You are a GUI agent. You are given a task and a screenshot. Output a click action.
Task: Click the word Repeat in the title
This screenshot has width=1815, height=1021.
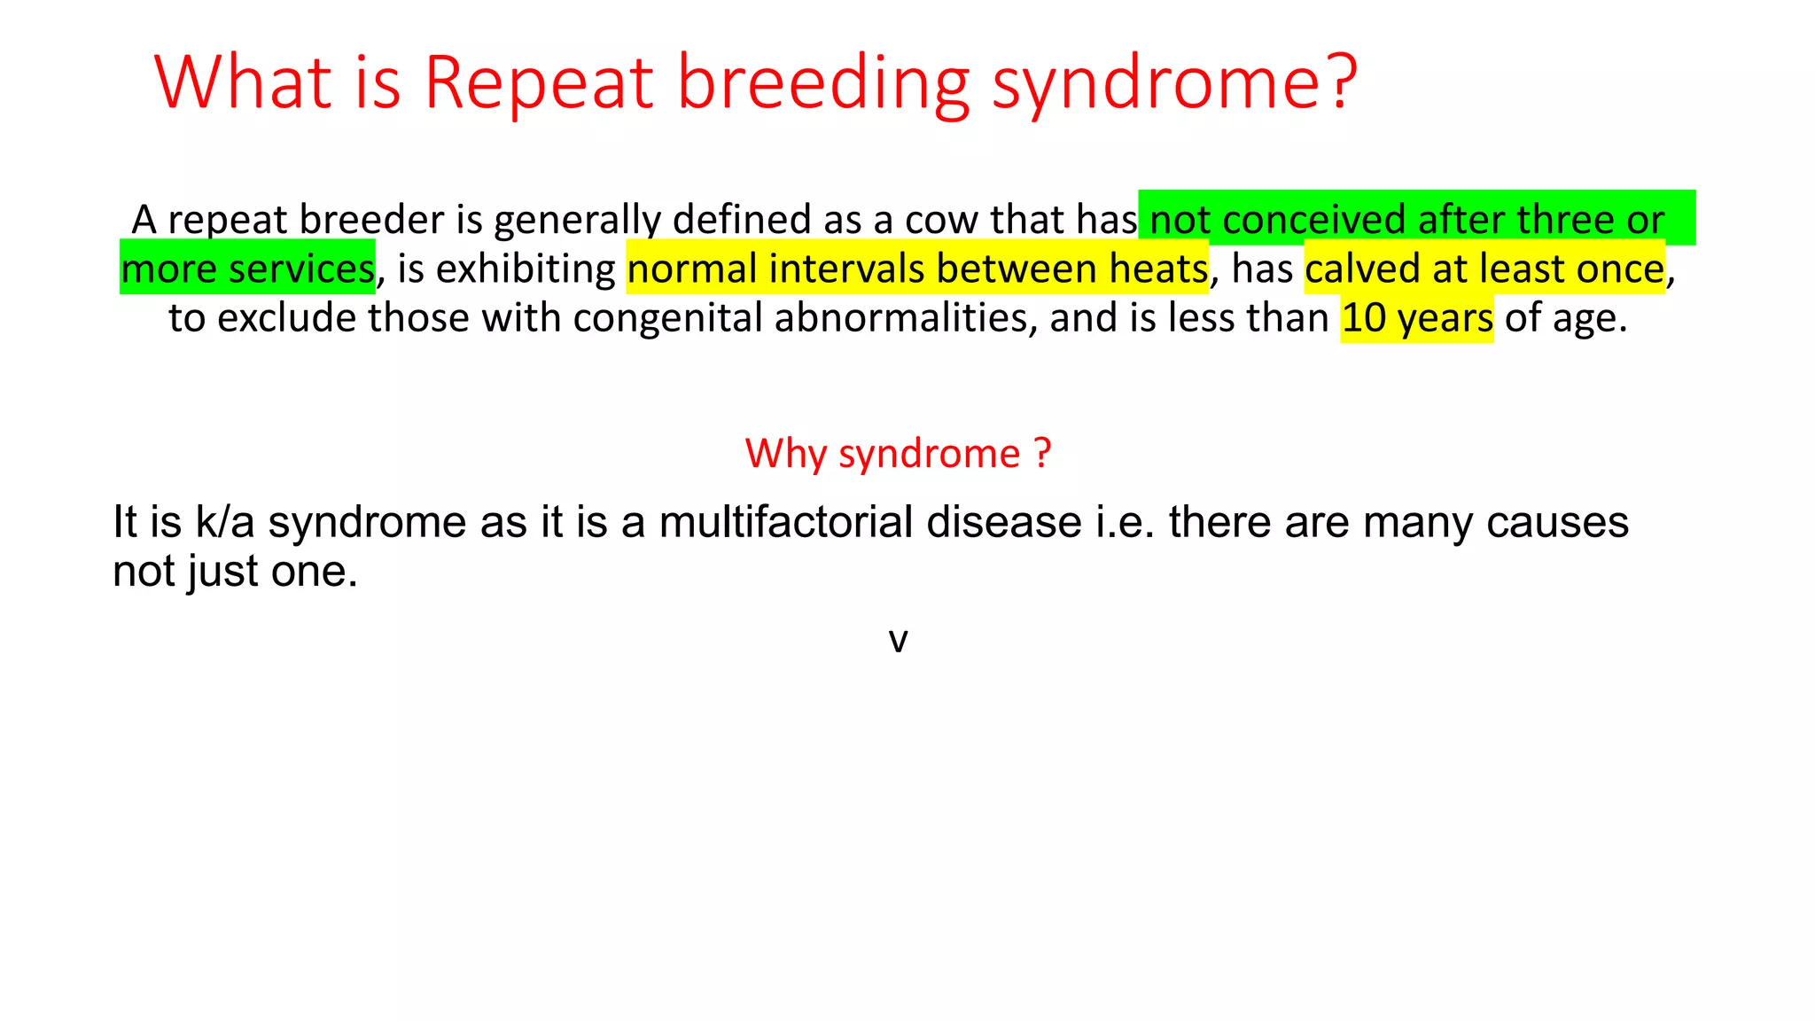539,82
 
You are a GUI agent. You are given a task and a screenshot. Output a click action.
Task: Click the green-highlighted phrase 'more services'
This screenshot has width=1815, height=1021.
248,269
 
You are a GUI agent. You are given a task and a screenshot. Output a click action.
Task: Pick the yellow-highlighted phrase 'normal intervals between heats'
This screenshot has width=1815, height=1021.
917,269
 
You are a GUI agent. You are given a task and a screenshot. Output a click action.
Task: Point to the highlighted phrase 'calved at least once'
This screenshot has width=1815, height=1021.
1484,269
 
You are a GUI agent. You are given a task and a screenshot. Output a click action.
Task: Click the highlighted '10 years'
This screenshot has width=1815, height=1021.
1416,318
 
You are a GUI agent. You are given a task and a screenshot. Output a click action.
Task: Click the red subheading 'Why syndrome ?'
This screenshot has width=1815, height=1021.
898,454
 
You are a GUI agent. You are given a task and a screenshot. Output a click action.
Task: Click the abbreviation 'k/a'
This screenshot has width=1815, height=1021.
225,522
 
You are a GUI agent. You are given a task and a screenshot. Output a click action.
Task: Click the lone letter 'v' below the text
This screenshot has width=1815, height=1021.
898,640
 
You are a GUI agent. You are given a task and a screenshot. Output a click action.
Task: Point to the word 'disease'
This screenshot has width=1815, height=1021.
1004,522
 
